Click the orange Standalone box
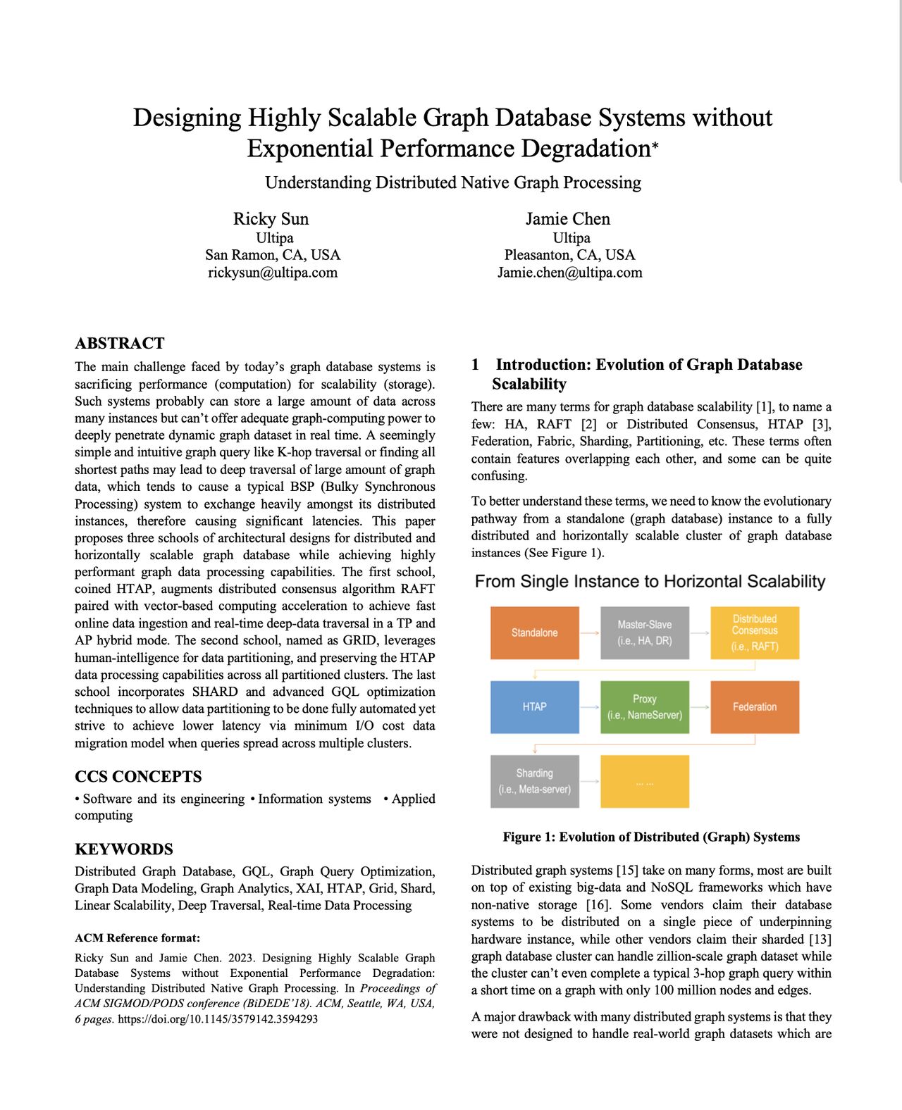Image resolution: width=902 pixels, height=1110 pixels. click(x=535, y=632)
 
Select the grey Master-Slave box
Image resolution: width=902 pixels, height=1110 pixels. click(x=644, y=632)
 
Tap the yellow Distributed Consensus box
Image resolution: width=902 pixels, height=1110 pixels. click(x=755, y=632)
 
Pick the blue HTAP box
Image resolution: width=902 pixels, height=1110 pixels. click(x=535, y=706)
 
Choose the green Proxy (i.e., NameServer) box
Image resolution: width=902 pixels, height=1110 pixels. click(x=644, y=706)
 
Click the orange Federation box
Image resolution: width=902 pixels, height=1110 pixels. click(x=755, y=706)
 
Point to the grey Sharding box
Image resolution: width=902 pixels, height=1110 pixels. click(x=535, y=781)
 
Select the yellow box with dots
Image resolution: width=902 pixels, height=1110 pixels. click(x=644, y=781)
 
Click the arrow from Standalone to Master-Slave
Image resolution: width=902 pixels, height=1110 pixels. click(x=590, y=632)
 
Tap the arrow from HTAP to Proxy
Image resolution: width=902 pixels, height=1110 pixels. click(x=590, y=706)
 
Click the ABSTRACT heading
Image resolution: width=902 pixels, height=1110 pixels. click(x=119, y=343)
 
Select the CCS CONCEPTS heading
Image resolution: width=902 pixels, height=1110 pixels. click(x=138, y=776)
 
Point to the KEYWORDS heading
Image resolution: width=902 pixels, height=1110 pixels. click(x=123, y=849)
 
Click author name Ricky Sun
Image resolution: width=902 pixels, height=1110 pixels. click(x=271, y=219)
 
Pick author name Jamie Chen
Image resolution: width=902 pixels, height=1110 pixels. click(x=568, y=219)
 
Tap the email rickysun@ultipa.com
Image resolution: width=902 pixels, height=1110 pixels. click(x=273, y=273)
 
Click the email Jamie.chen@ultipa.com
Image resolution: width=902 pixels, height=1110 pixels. click(x=569, y=273)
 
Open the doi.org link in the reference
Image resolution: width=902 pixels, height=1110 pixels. click(x=217, y=1019)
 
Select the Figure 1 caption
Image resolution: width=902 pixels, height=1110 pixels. click(x=651, y=837)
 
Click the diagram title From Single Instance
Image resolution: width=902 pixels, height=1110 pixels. click(x=650, y=581)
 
